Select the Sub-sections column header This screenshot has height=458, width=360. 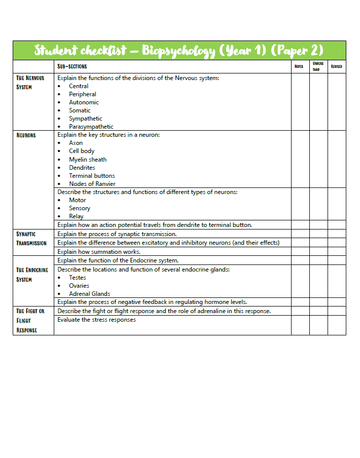click(x=72, y=66)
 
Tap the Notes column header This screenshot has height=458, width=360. click(x=299, y=66)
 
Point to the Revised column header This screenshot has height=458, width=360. click(x=336, y=66)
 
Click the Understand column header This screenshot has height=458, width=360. click(x=318, y=66)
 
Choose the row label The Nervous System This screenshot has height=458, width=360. click(x=30, y=82)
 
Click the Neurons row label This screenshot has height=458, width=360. click(x=26, y=135)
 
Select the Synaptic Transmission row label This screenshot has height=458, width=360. click(x=31, y=238)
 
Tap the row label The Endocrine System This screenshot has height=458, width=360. click(x=32, y=275)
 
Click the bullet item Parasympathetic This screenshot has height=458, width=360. click(x=91, y=127)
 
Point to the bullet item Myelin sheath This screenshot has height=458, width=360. click(x=88, y=160)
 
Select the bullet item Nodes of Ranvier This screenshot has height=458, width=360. click(x=92, y=184)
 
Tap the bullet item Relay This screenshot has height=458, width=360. click(x=76, y=216)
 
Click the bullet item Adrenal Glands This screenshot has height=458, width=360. click(x=90, y=294)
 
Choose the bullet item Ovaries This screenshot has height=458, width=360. click(x=79, y=286)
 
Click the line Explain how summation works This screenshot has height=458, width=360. click(x=99, y=252)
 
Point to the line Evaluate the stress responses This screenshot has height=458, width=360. click(x=96, y=320)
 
